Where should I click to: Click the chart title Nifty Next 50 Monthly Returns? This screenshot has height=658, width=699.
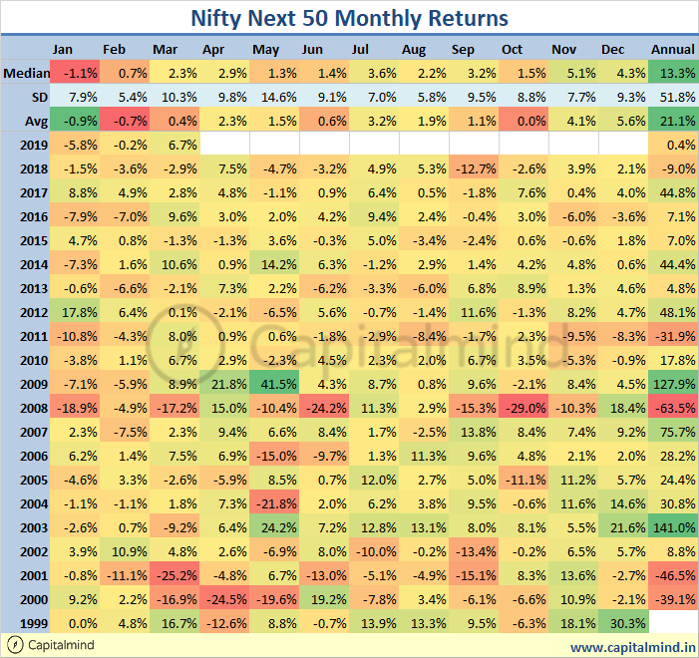(349, 18)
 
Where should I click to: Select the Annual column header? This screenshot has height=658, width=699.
(673, 49)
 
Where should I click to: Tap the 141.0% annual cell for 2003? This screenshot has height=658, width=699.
(673, 526)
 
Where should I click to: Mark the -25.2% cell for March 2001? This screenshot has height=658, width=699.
(174, 574)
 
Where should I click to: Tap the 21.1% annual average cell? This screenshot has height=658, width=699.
(673, 120)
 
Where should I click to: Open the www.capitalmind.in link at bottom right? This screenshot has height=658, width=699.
(632, 646)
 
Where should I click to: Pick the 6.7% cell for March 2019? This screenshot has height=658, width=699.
(174, 144)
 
